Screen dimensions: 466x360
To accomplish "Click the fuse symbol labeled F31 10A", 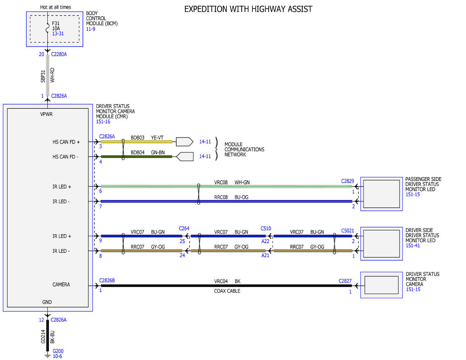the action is (47, 28).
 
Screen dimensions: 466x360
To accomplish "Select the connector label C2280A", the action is (59, 54).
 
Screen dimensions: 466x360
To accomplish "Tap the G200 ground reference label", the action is (58, 351).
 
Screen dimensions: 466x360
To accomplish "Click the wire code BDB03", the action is (137, 137).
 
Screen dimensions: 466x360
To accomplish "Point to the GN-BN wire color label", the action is (158, 153).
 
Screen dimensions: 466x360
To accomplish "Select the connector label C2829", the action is (348, 181).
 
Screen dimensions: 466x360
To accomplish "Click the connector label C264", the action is (184, 229).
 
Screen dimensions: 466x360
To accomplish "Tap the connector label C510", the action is (266, 229).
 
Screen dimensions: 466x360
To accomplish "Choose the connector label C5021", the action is (348, 231).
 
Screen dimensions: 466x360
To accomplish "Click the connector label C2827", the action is (345, 281).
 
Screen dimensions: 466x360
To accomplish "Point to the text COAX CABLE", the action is (227, 291).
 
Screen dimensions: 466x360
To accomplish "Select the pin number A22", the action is (265, 241).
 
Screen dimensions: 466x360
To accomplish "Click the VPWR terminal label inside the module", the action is (46, 114).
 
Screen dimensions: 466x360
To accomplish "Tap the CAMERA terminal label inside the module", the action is (61, 285).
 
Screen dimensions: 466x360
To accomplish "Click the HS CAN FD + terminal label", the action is (66, 142).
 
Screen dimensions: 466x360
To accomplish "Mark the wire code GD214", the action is (43, 336).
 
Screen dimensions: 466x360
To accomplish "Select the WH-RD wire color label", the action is (52, 75).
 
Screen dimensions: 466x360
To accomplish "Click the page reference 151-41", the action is (412, 245).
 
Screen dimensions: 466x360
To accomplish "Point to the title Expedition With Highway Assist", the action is (248, 9).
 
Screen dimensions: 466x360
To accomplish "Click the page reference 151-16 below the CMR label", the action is (103, 122).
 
